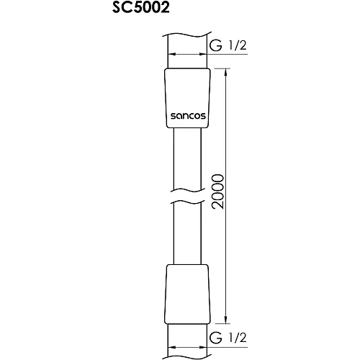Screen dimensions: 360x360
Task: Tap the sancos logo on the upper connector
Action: click(188, 113)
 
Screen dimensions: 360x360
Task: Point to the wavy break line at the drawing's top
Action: click(188, 34)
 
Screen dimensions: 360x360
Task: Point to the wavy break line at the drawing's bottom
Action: click(188, 354)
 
